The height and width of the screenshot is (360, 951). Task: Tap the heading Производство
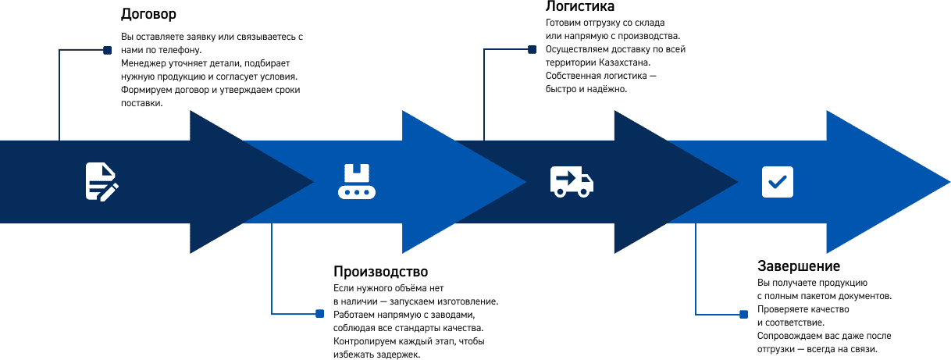380,272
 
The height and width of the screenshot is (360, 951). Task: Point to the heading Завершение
799,266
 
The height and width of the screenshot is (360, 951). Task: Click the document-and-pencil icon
101,182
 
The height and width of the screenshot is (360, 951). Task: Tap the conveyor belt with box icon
357,182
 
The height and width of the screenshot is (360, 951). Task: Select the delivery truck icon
572,181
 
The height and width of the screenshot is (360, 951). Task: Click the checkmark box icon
778,182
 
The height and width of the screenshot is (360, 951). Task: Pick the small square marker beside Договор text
107,50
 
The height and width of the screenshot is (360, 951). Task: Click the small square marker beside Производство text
319,313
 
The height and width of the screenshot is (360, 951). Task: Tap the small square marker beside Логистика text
532,50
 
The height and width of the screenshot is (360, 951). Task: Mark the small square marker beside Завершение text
743,314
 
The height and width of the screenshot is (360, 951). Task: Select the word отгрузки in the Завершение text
776,348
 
